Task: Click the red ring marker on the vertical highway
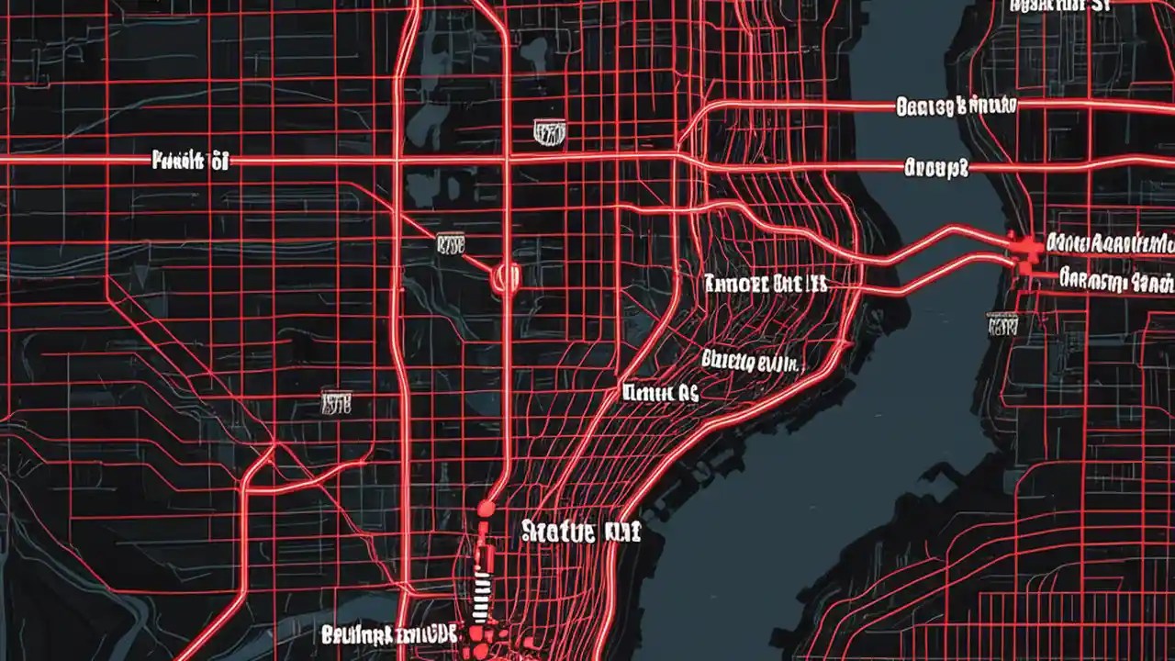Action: pos(506,276)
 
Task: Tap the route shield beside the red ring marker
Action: pos(451,243)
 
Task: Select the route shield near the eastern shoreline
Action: pos(1002,323)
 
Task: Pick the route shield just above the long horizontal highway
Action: pos(549,134)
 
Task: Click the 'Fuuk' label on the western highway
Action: pos(189,162)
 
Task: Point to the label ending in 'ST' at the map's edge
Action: pos(1059,6)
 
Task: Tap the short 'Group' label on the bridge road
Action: pos(936,168)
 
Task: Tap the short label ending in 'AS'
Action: pos(660,394)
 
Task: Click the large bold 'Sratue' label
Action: pos(580,531)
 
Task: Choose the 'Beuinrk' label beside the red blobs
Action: pos(389,633)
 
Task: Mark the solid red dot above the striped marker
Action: pos(486,509)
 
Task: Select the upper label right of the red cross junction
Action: pos(1111,243)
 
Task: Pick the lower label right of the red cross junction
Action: pos(1115,278)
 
